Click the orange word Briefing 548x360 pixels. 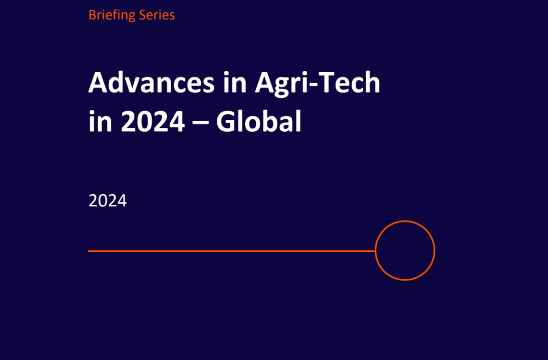(112, 16)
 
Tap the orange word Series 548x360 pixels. (157, 15)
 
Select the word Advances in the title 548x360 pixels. (151, 82)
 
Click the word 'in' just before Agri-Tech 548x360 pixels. (235, 82)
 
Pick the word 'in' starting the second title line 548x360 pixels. (100, 121)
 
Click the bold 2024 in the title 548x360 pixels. (153, 121)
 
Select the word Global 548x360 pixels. (258, 121)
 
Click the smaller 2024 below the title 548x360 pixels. (108, 201)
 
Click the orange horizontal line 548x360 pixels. (232, 251)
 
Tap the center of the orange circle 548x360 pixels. (405, 250)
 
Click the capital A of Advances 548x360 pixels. (99, 82)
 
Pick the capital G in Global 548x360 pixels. (226, 121)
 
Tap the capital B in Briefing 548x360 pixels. (92, 15)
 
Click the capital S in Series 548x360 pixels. (142, 15)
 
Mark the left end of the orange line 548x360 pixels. (88, 251)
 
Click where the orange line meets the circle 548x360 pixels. (375, 251)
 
